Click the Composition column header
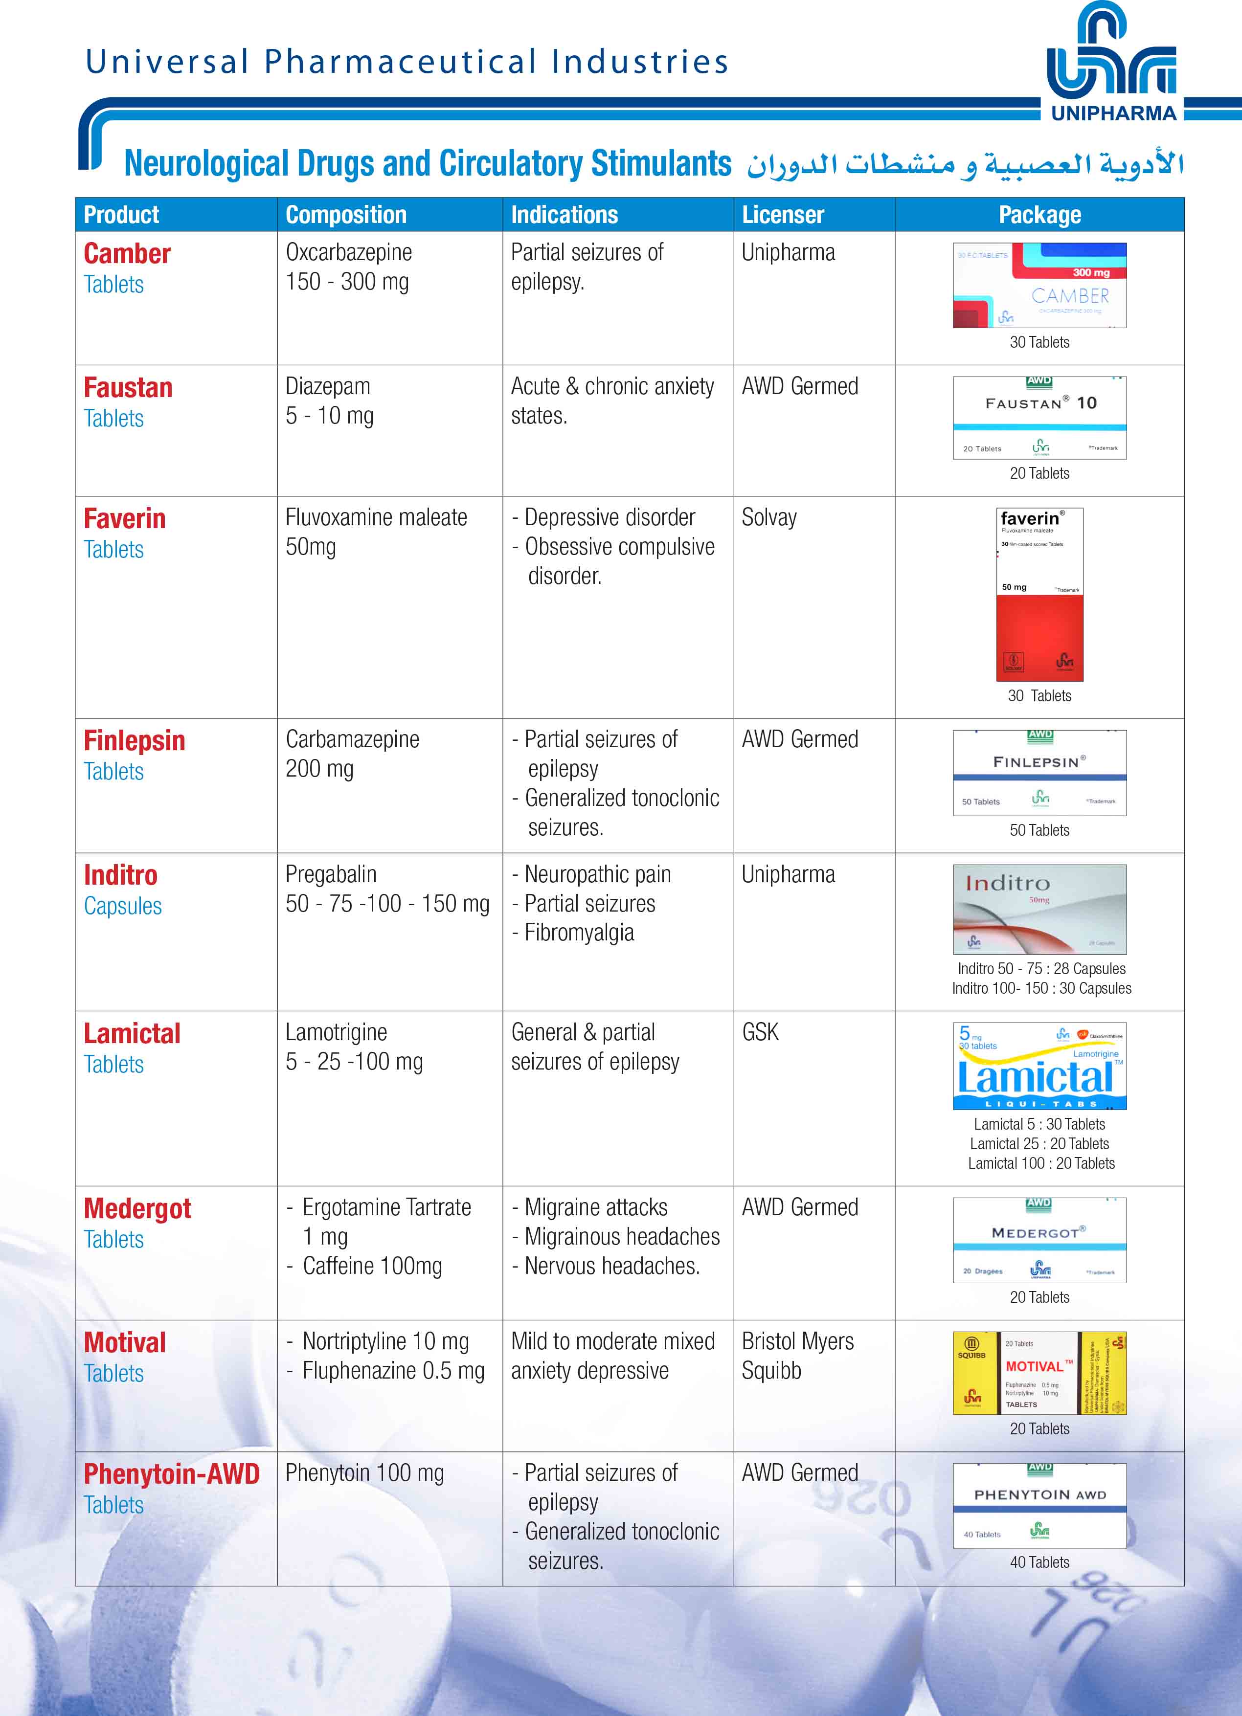[346, 215]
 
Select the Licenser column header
[783, 215]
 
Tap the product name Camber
[127, 253]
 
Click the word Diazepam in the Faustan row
[328, 387]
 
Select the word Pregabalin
[331, 875]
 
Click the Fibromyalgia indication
[579, 933]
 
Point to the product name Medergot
[137, 1208]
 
